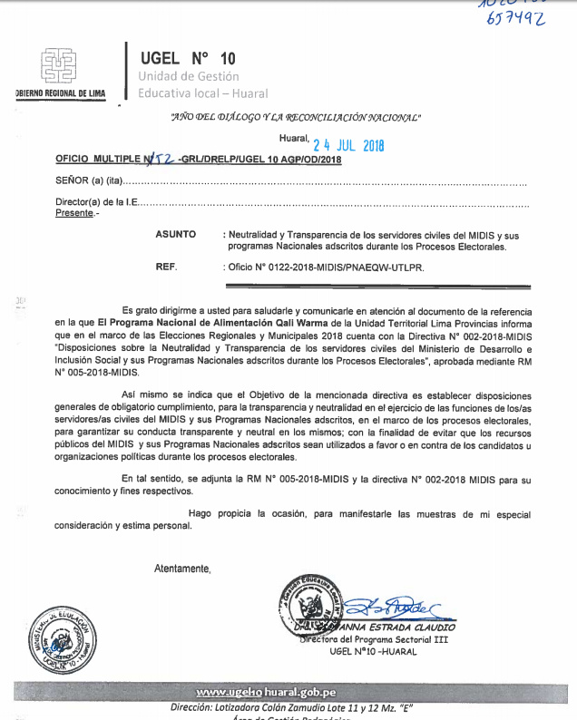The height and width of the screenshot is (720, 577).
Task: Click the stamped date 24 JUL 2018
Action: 348,144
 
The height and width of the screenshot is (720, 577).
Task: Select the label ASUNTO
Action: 175,234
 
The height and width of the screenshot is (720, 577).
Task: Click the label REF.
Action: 167,268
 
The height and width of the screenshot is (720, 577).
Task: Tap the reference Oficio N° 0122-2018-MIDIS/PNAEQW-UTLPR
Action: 324,268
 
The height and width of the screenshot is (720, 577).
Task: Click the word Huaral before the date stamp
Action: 293,139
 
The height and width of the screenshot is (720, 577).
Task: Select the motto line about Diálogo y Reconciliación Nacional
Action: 296,117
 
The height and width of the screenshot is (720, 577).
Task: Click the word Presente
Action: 73,213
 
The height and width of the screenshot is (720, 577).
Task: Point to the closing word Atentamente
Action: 182,569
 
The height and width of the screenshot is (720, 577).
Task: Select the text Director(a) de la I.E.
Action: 95,204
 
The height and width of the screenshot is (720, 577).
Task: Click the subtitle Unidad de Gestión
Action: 189,76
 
